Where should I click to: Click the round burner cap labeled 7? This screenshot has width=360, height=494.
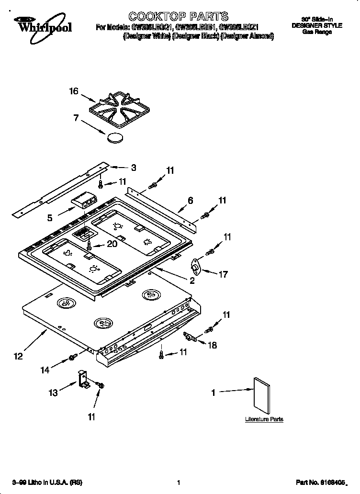click(114, 138)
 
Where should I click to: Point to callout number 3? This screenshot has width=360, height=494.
click(133, 168)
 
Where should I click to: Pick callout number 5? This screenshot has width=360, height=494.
click(50, 218)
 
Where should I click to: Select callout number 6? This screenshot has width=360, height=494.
click(190, 201)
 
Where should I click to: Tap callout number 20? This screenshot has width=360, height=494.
click(112, 244)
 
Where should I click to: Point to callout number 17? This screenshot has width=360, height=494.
click(223, 274)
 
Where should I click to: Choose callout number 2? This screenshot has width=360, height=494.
click(191, 281)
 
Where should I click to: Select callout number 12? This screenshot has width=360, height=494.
click(18, 356)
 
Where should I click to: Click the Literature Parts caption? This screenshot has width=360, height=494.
click(264, 419)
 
